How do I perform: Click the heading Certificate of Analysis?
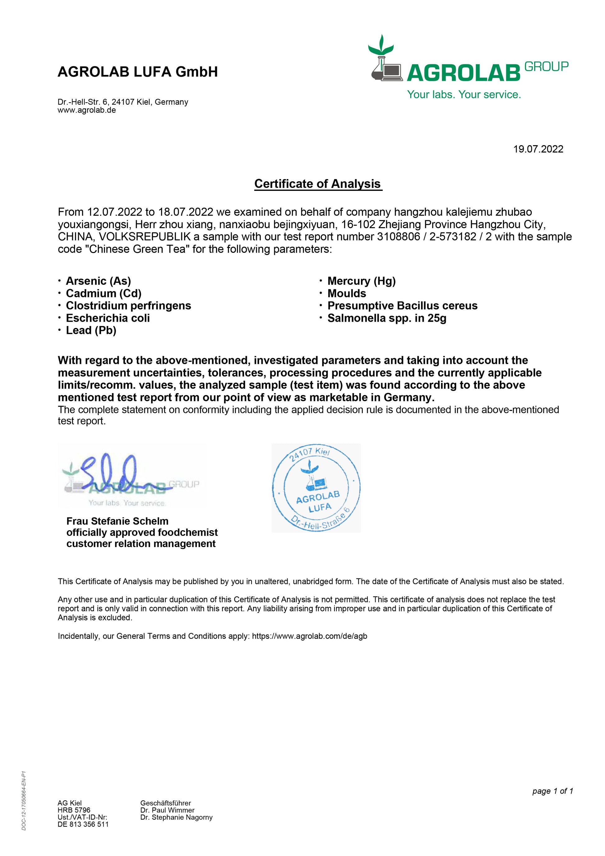pos(317,183)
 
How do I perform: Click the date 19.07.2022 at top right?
pos(538,149)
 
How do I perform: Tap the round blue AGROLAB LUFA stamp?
pos(316,488)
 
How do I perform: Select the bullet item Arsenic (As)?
pos(98,281)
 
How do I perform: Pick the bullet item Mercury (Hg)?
pos(361,281)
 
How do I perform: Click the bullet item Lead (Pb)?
pos(91,330)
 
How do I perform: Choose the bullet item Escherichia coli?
pos(108,318)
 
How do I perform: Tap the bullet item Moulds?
pos(347,293)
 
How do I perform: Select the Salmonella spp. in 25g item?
pos(386,318)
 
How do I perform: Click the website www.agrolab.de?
pos(86,110)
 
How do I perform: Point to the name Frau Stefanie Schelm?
pos(117,521)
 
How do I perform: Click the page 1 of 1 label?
pos(552,791)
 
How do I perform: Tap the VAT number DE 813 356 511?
pos(83,824)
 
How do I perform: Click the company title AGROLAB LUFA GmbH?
pos(138,71)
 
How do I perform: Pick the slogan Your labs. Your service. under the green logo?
pos(464,94)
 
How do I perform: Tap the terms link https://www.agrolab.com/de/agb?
pos(309,636)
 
